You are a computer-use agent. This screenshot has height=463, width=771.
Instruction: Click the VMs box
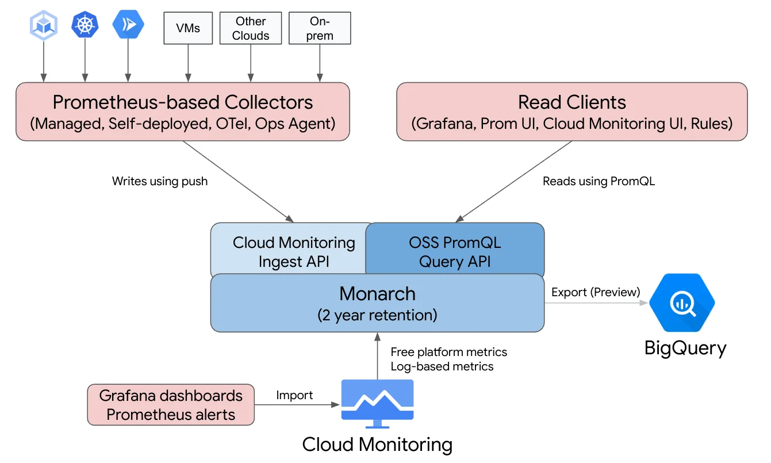coord(188,28)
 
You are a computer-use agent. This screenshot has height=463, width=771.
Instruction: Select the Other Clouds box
coord(251,28)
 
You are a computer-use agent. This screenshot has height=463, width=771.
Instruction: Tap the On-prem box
coord(320,28)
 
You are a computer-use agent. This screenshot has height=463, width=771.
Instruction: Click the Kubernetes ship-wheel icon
coord(85,25)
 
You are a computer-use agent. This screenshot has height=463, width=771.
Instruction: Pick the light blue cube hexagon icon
coord(43,25)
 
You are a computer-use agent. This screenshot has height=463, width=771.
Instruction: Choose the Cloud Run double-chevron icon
coord(128,25)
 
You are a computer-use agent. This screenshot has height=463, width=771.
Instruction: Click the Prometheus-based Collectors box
coord(182,112)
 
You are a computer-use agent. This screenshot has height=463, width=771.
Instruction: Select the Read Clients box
coord(571,112)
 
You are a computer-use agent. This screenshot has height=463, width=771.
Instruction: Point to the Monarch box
coord(377,303)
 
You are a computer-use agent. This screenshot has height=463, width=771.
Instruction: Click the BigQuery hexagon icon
coord(682,303)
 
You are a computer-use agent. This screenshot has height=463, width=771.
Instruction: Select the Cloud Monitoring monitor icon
coord(377,403)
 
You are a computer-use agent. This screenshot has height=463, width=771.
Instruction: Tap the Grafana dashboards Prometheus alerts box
coord(171,405)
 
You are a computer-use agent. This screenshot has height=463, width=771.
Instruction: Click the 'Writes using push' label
coord(160,181)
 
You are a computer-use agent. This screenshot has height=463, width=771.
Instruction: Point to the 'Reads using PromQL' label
coord(599,181)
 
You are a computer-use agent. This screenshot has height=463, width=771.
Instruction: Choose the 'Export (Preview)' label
coord(595,292)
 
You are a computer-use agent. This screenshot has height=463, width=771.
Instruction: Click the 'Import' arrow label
coord(294,395)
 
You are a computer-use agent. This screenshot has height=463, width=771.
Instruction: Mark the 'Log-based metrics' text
coord(442,366)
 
